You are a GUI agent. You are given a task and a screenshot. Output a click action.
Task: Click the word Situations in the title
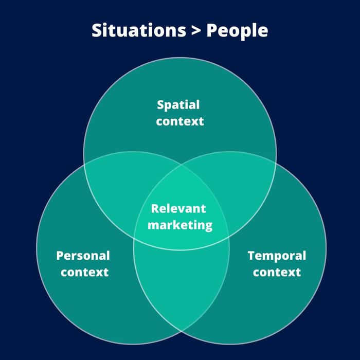click(139, 30)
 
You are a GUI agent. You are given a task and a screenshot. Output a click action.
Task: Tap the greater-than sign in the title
click(196, 30)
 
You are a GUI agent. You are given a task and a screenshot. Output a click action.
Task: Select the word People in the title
click(237, 31)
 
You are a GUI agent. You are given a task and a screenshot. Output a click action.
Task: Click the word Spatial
click(178, 105)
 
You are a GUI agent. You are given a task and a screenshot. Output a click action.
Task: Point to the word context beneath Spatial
click(180, 121)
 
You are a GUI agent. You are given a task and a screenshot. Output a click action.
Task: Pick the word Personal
click(83, 256)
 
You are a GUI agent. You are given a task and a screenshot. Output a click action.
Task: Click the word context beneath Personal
click(84, 272)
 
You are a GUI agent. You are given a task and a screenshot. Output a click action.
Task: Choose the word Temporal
click(277, 256)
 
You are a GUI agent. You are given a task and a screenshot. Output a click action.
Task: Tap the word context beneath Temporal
click(277, 272)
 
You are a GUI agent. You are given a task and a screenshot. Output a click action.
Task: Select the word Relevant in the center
click(178, 209)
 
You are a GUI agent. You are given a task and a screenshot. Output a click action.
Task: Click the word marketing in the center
click(180, 225)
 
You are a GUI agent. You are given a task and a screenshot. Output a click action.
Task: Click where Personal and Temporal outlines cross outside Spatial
click(182, 332)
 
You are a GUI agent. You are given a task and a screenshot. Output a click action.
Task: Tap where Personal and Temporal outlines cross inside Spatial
click(182, 165)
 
